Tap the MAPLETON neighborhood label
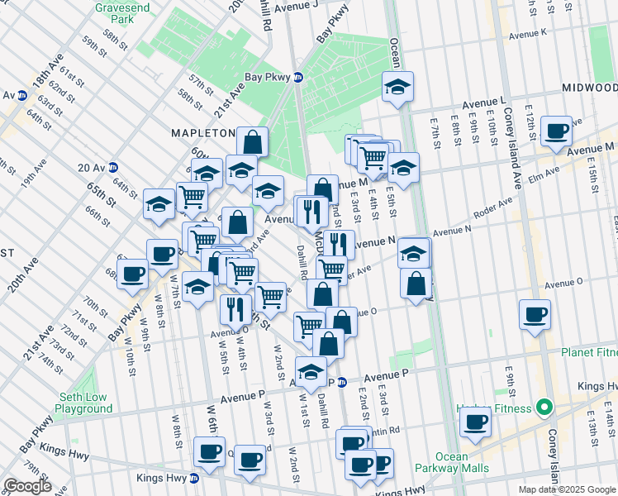tap(203, 132)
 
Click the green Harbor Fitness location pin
tap(544, 408)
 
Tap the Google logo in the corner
tap(26, 486)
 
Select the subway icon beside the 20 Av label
tap(113, 167)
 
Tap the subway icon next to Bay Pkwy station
tap(298, 78)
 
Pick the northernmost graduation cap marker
tap(397, 87)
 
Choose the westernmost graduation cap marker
tap(158, 204)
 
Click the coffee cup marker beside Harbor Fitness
tap(475, 422)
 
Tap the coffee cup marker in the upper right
tap(556, 131)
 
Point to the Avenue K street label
tap(528, 35)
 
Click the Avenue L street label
tap(483, 101)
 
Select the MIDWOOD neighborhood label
tap(589, 87)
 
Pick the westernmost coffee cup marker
tap(132, 274)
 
